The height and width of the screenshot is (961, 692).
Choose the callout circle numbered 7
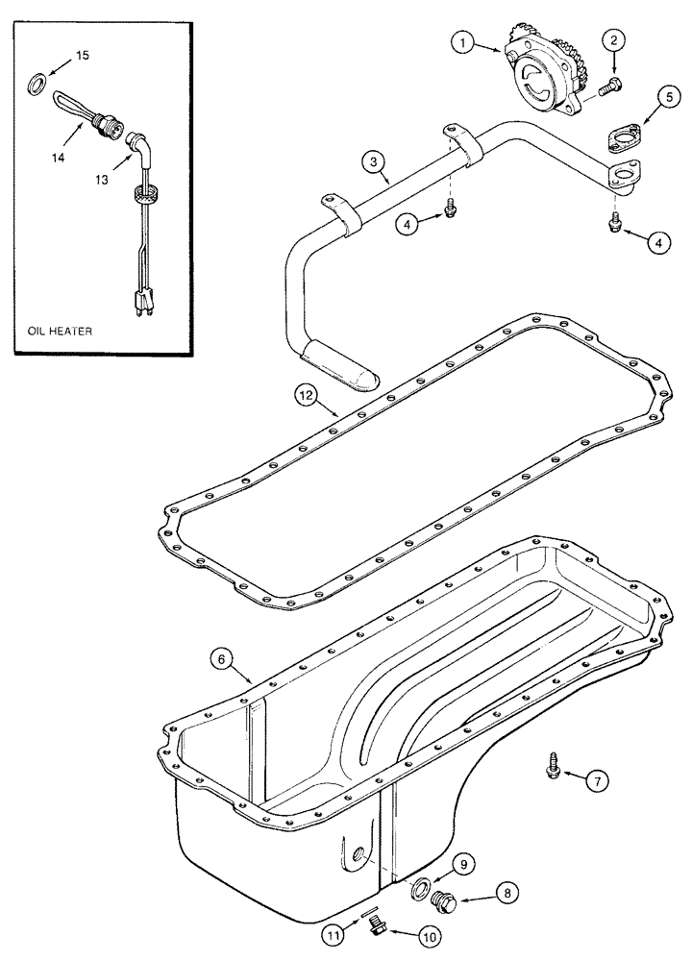[597, 782]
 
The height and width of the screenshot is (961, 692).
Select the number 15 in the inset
[83, 57]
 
